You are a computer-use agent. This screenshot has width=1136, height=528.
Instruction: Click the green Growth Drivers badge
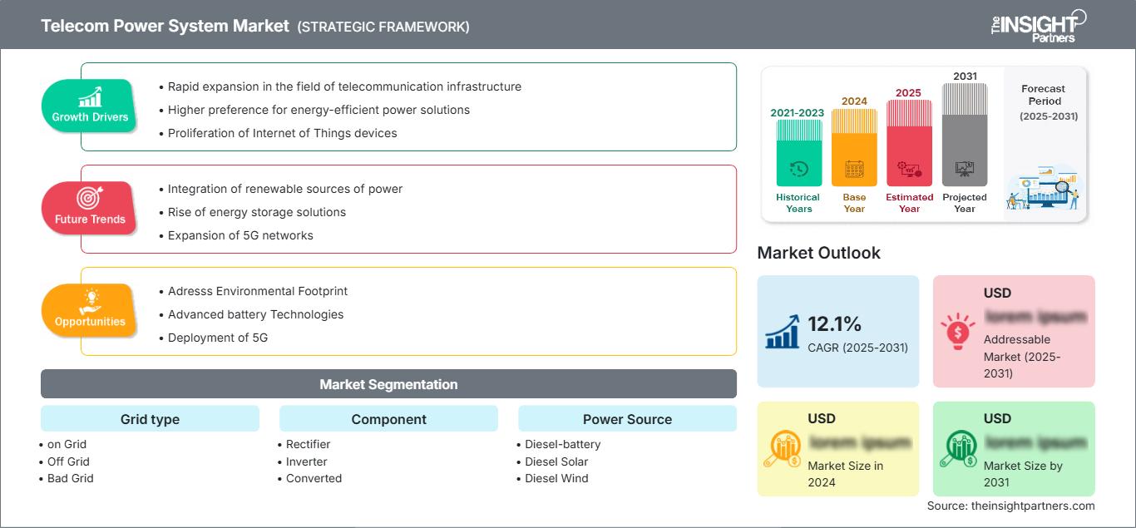90,106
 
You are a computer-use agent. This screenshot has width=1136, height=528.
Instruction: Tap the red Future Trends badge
90,208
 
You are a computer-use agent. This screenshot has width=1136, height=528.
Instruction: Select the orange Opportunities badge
90,310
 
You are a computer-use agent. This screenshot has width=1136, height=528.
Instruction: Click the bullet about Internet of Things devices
282,133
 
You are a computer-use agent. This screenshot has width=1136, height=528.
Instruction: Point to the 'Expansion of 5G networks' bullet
240,235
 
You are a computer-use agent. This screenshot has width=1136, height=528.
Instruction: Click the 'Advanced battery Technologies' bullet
255,314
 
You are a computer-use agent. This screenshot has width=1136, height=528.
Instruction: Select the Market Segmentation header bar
388,384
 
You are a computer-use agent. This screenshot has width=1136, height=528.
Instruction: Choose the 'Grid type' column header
150,419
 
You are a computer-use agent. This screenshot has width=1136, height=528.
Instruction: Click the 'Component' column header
388,419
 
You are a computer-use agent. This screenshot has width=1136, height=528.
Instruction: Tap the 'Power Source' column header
627,419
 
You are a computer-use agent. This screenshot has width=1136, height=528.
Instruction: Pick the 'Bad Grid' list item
71,478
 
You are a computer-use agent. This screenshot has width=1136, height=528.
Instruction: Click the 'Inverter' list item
306,461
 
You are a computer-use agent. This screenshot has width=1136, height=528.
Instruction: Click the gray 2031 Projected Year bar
965,137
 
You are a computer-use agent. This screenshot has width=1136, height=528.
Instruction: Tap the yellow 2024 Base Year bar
854,150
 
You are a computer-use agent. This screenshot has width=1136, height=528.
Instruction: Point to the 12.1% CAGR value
835,324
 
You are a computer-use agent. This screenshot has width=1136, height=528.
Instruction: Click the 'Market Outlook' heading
818,253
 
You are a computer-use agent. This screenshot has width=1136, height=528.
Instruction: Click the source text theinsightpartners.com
1010,506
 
